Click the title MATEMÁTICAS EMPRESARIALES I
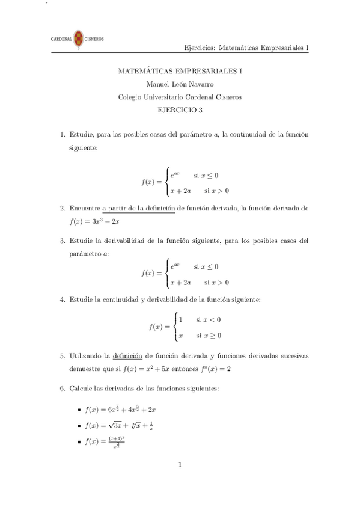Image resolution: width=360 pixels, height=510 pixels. (180, 72)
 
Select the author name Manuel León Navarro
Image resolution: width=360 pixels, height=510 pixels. (180, 85)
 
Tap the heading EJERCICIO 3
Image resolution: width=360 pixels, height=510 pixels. (180, 110)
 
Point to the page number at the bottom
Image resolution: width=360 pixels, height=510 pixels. (180, 464)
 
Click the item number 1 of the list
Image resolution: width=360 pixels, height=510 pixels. (63, 134)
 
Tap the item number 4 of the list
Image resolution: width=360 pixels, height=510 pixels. (63, 299)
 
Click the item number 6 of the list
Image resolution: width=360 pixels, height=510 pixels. (63, 389)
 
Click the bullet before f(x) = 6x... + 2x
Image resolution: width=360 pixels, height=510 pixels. (79, 410)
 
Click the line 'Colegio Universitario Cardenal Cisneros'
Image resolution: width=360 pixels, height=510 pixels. (180, 97)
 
